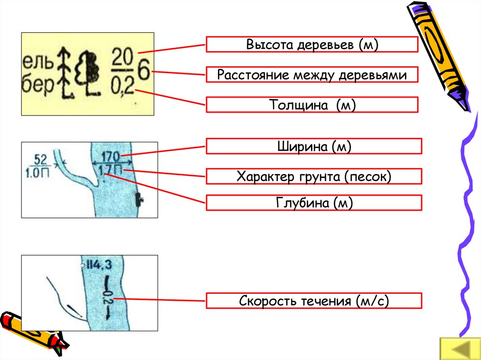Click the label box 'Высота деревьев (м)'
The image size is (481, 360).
pyautogui.click(x=312, y=45)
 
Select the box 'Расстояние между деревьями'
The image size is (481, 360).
pyautogui.click(x=312, y=75)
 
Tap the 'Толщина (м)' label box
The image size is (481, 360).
pyautogui.click(x=312, y=105)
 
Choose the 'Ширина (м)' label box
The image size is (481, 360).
pyautogui.click(x=314, y=146)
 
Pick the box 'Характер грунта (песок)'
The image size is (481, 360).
pyautogui.click(x=314, y=176)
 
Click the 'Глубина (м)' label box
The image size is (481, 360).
pyautogui.click(x=314, y=203)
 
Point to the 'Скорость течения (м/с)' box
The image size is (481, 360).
pyautogui.click(x=314, y=300)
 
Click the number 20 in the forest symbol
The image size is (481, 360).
pyautogui.click(x=122, y=59)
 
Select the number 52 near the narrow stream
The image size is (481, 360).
pyautogui.click(x=41, y=159)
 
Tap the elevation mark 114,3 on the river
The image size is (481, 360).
pyautogui.click(x=98, y=265)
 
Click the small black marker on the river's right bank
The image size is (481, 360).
pyautogui.click(x=139, y=199)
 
